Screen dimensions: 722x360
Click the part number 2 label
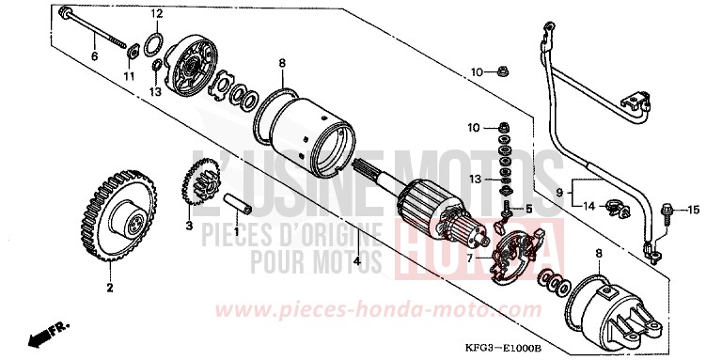click(109, 287)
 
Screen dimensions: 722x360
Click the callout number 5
click(528, 208)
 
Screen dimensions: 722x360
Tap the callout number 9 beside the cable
click(557, 193)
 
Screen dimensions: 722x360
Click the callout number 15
click(694, 209)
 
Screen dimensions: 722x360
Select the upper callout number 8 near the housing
click(281, 63)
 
